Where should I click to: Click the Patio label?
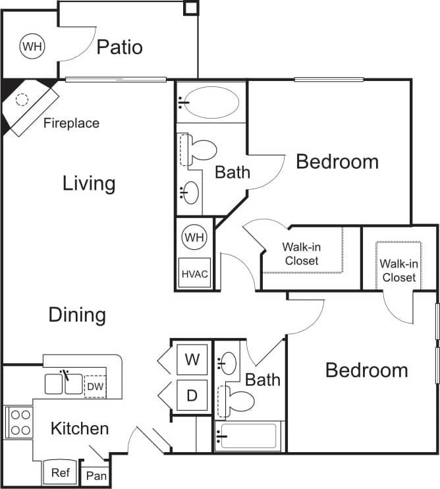coord(119,47)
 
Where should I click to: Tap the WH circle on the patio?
coord(30,46)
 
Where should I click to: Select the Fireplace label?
coord(71,123)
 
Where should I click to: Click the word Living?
coord(89,183)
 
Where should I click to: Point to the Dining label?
coord(77,314)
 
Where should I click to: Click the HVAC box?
coord(194,273)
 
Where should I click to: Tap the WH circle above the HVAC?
coord(194,235)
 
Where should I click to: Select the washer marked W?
coord(192,360)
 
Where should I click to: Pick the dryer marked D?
coord(192,395)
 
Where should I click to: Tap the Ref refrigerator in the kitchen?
coord(61,473)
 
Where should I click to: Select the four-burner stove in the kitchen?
coord(18,422)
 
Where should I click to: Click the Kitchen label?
coord(80,429)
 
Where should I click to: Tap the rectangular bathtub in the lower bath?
coord(248,436)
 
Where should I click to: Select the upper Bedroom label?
coord(337,161)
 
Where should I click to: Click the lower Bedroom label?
coord(366,370)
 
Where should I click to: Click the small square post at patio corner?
coord(190,8)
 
